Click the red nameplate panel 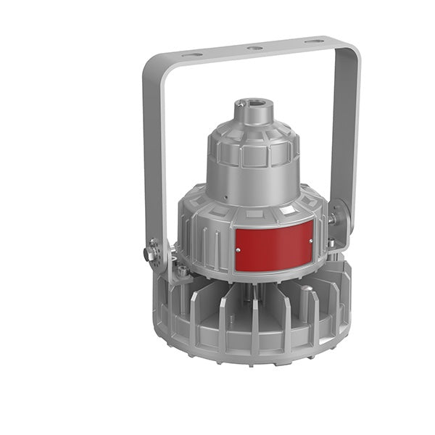pyautogui.click(x=273, y=245)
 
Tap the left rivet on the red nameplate pyautogui.click(x=239, y=250)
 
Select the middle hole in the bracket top pyautogui.click(x=254, y=49)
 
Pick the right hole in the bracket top pyautogui.click(x=313, y=42)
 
